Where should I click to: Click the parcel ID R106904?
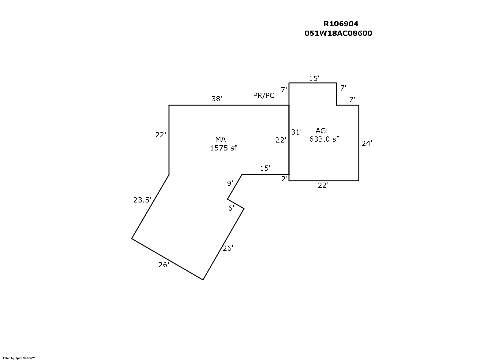click(341, 24)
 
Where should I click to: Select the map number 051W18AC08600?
click(338, 33)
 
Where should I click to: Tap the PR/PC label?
click(264, 95)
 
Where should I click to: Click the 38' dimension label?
click(216, 99)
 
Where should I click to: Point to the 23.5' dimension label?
click(142, 200)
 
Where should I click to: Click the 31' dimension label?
click(296, 132)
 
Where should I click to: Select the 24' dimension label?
click(367, 143)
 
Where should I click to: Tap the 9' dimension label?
click(230, 183)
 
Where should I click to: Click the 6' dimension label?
click(231, 208)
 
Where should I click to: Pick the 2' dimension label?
click(284, 179)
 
